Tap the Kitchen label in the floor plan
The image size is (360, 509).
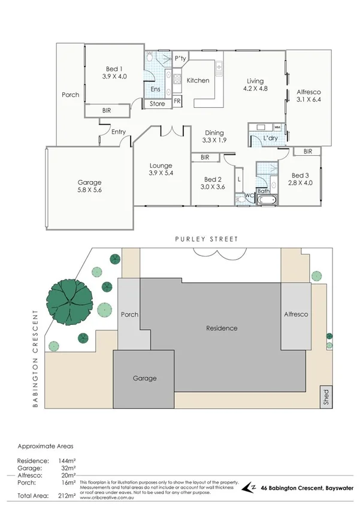click(x=198, y=80)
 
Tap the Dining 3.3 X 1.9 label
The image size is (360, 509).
click(x=214, y=137)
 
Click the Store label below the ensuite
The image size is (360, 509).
click(x=158, y=104)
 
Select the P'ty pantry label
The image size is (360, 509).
click(x=180, y=58)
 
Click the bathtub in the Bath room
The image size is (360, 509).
click(x=266, y=201)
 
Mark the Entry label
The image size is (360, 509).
click(x=118, y=132)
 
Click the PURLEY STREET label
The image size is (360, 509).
click(x=206, y=239)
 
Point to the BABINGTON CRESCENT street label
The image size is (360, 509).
click(x=37, y=359)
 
